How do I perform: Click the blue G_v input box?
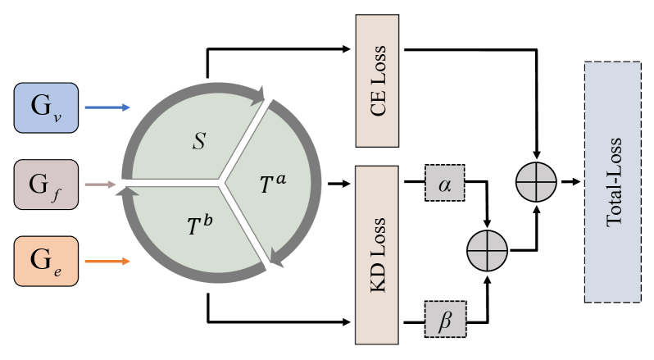pyautogui.click(x=46, y=107)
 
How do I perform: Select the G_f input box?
pyautogui.click(x=46, y=185)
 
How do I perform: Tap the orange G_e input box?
pyautogui.click(x=46, y=262)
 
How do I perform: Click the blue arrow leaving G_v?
pyautogui.click(x=107, y=107)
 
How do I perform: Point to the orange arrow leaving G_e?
pyautogui.click(x=107, y=262)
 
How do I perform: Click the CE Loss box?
pyautogui.click(x=377, y=80)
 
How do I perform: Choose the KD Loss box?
pyautogui.click(x=377, y=255)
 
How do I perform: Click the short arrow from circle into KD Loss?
pyautogui.click(x=335, y=185)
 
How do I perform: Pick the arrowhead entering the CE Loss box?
pyautogui.click(x=347, y=48)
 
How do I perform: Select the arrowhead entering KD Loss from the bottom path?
pyautogui.click(x=347, y=320)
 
